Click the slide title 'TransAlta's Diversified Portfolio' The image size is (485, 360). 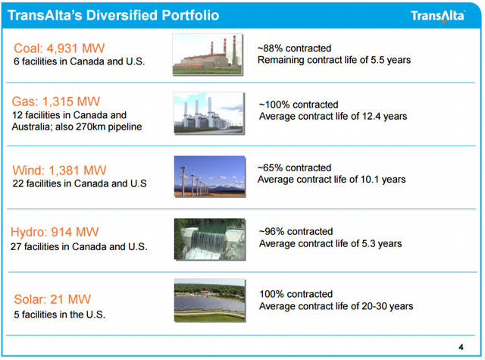point(113,15)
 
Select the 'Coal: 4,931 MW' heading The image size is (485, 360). point(59,49)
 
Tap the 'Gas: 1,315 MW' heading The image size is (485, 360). point(56,102)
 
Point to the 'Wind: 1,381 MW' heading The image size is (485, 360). point(59,170)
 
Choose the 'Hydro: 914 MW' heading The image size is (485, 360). point(55,232)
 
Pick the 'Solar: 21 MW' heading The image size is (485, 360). point(52,299)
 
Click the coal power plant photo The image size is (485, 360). point(208,55)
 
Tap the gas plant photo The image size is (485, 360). point(209,113)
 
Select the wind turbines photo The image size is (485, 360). point(210,177)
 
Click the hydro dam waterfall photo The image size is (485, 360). point(210,239)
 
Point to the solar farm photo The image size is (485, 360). point(210,300)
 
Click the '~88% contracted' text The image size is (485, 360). point(295,49)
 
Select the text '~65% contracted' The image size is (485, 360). point(295,167)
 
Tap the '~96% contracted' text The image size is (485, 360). point(296,231)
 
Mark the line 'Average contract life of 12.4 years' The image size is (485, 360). point(333,116)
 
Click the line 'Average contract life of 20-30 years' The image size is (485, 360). point(336,306)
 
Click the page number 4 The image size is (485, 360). point(461,347)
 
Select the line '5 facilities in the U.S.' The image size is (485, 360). point(60,315)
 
